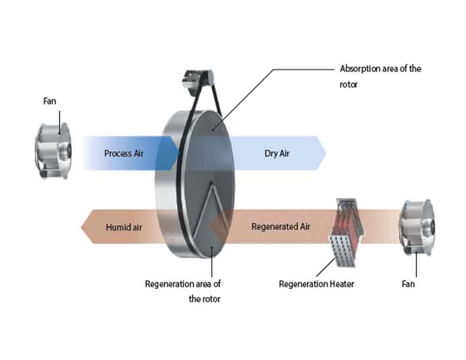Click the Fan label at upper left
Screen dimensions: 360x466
point(49,101)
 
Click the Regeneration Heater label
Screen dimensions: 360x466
point(316,284)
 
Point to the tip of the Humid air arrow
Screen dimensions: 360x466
point(82,226)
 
